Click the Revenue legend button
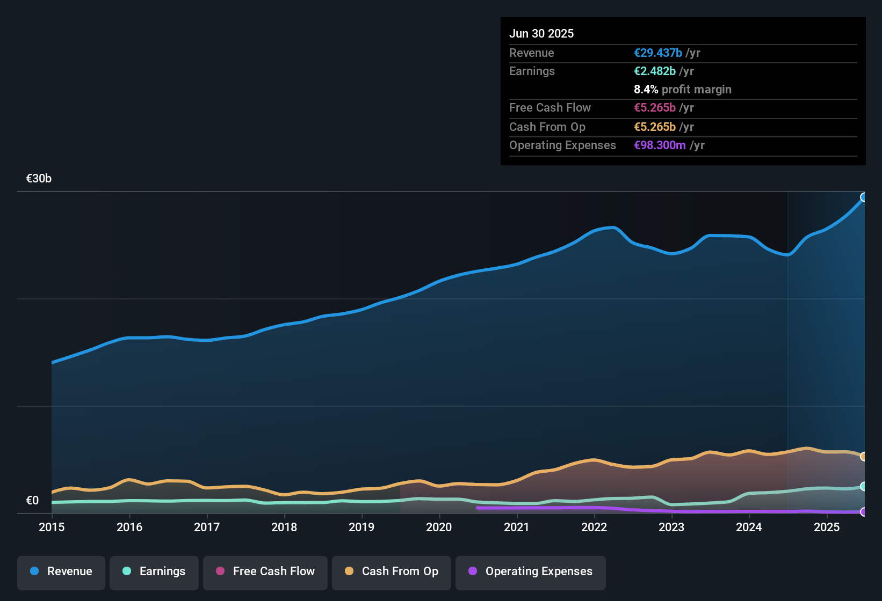61,572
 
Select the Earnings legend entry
154,572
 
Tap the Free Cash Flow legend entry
265,572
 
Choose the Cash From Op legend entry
392,572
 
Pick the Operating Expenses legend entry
531,572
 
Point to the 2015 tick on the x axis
52,527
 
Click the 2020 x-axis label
439,527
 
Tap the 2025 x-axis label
826,527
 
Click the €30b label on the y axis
39,179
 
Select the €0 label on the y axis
32,501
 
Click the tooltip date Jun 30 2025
541,33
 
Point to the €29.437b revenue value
658,53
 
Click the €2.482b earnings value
655,71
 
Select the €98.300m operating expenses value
660,145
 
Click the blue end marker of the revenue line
864,197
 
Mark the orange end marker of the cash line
864,456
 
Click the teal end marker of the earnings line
864,486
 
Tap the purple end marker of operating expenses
864,512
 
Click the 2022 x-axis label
594,527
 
